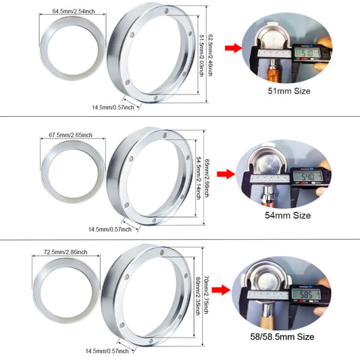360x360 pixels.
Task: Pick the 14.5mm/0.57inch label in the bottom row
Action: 112,351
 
